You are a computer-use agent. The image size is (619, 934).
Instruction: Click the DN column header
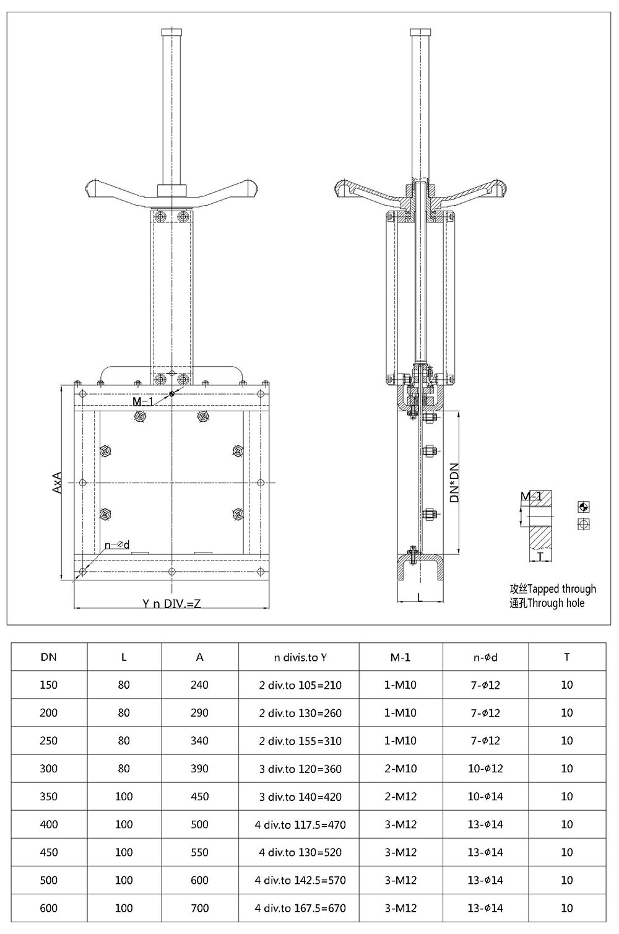point(48,657)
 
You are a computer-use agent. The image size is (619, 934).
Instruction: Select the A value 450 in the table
point(199,797)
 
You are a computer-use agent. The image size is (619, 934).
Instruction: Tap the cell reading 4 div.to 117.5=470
point(300,824)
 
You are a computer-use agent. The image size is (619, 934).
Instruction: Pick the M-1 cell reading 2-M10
point(400,769)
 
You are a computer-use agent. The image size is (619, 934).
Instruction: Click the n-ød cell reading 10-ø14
point(485,797)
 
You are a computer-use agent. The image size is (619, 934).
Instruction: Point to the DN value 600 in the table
point(48,908)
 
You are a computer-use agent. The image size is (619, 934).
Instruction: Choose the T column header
point(566,657)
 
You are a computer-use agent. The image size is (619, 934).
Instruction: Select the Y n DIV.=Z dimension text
point(171,603)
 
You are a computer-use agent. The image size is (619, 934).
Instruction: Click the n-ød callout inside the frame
point(117,545)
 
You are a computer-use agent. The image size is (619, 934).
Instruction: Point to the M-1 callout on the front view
point(143,402)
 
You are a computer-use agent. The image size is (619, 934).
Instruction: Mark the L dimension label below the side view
point(420,597)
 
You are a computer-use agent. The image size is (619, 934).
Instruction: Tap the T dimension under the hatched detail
point(540,557)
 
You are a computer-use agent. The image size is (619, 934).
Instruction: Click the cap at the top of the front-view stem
point(171,32)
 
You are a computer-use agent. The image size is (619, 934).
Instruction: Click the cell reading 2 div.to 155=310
point(300,741)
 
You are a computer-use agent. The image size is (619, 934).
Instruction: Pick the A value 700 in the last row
point(199,908)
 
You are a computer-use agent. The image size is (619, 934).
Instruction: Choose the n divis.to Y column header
point(300,657)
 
